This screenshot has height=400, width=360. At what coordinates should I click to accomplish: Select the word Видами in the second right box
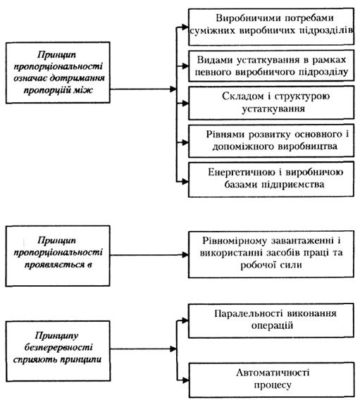[215, 60]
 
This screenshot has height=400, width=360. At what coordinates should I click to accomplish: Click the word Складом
[239, 96]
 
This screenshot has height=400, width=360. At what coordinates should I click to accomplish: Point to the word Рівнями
[225, 135]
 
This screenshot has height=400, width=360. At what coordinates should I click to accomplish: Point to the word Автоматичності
[273, 373]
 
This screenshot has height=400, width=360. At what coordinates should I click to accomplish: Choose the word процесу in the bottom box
[273, 385]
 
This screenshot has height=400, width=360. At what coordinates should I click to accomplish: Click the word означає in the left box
[30, 78]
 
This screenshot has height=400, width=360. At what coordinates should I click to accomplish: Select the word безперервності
[58, 347]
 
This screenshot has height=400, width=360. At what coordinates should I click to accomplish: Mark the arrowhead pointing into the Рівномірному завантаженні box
[185, 255]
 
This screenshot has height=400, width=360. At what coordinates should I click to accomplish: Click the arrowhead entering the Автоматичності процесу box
[185, 380]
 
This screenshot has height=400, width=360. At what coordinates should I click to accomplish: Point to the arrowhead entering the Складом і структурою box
[185, 104]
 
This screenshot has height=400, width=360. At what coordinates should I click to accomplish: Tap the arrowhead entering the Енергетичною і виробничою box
[185, 182]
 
